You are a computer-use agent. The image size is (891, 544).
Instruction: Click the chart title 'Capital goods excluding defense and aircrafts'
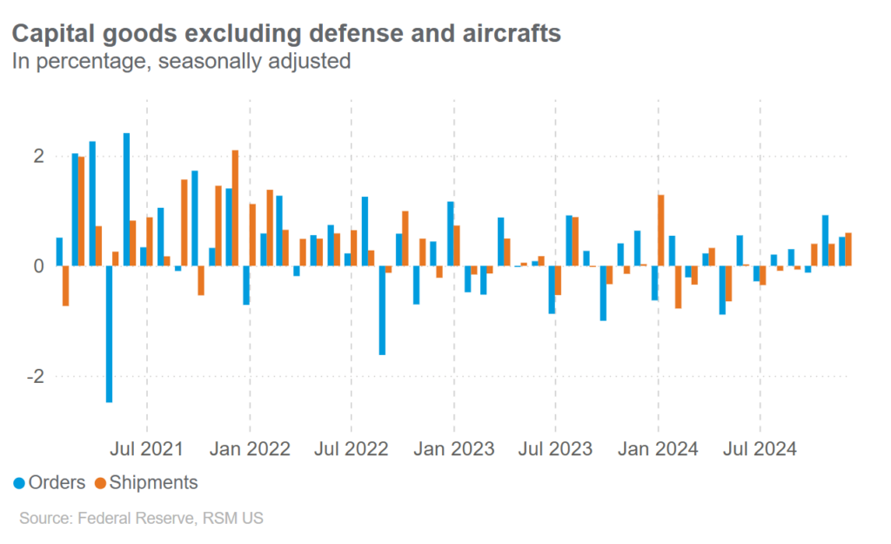pos(285,34)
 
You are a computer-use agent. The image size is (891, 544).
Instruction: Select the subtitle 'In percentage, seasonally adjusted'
pos(180,61)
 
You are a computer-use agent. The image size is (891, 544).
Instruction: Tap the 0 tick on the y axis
pos(38,265)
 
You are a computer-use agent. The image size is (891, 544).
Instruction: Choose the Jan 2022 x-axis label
pos(251,449)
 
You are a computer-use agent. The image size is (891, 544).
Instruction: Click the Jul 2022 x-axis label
pos(352,449)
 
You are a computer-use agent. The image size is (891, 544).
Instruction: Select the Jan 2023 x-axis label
pos(454,449)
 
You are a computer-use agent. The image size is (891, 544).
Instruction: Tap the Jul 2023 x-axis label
pos(556,449)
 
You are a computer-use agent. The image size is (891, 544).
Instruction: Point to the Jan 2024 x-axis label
pos(659,449)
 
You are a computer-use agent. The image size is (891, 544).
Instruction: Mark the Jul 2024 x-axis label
pos(760,449)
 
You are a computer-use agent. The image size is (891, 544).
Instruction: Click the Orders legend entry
pos(50,482)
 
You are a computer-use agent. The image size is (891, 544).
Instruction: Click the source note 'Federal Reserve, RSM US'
pos(141,519)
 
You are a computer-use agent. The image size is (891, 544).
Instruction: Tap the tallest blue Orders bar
pos(126,199)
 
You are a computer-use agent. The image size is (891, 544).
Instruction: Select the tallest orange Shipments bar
pos(235,208)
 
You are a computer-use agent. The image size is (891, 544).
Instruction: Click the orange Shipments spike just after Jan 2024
pos(661,230)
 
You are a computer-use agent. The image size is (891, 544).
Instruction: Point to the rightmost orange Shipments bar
pos(848,249)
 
